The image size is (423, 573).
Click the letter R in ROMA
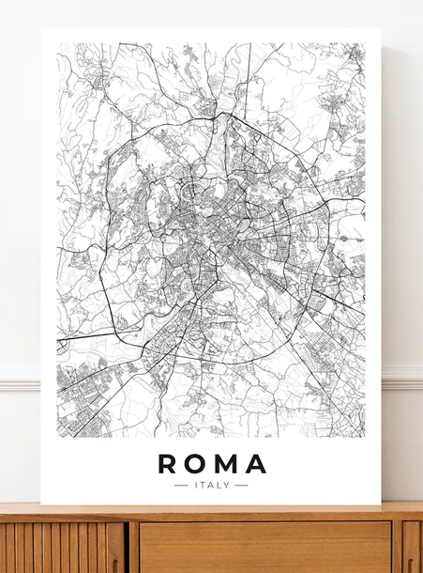tap(167, 463)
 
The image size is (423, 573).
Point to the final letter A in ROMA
tap(256, 463)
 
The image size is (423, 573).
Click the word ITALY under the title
tap(211, 486)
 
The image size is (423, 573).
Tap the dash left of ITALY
tap(181, 486)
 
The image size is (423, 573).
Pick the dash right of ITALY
tap(241, 486)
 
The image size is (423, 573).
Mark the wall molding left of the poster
tap(20, 383)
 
